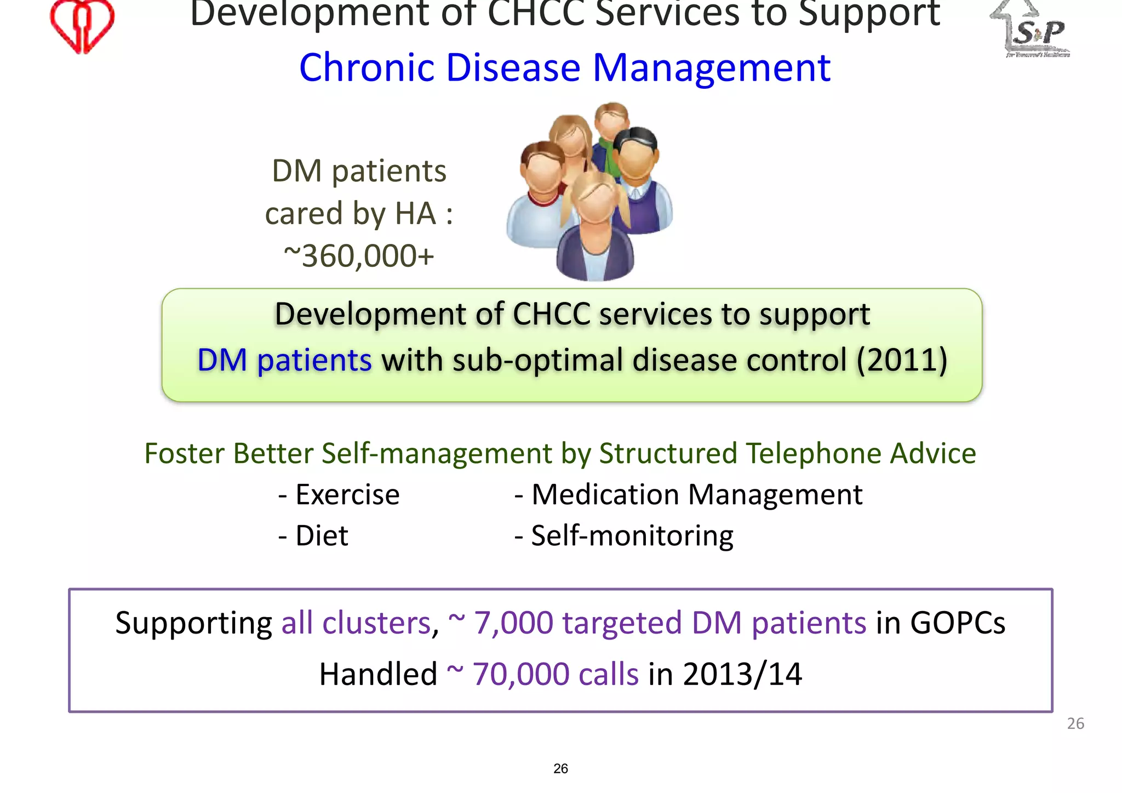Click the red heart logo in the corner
coord(82,25)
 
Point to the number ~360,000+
coord(359,256)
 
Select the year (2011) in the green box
coord(902,360)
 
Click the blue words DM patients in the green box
coord(284,360)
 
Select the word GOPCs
coord(957,623)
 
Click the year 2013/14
coord(742,674)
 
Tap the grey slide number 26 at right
coord(1075,723)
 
